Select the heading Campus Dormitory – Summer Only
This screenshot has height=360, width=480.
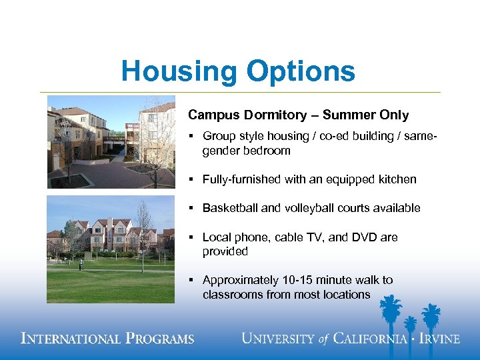[298, 115]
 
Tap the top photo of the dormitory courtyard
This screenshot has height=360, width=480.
[111, 142]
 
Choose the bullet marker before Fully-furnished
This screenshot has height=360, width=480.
[191, 180]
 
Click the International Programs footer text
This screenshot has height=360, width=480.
[108, 339]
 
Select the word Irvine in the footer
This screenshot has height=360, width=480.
[439, 339]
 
